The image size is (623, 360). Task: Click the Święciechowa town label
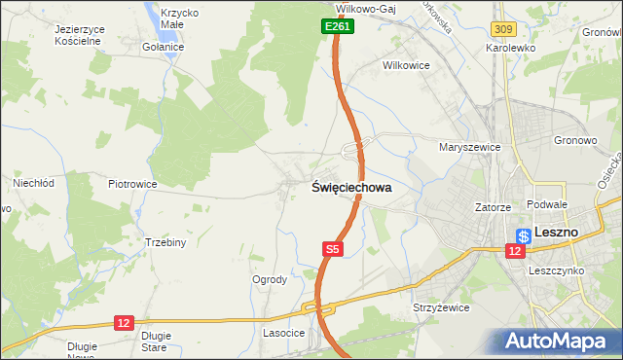pyautogui.click(x=351, y=188)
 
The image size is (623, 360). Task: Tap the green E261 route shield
pyautogui.click(x=337, y=27)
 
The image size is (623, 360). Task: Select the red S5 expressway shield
pyautogui.click(x=333, y=250)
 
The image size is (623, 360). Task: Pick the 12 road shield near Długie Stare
pyautogui.click(x=123, y=322)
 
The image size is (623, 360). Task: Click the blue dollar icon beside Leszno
pyautogui.click(x=524, y=234)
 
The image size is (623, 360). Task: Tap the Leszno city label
pyautogui.click(x=557, y=234)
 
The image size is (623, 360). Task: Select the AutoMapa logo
pyautogui.click(x=560, y=341)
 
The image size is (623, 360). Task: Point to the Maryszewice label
pyautogui.click(x=469, y=147)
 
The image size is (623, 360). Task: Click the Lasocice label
pyautogui.click(x=284, y=333)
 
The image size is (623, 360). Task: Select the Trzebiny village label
pyautogui.click(x=165, y=242)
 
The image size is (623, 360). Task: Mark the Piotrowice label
pyautogui.click(x=133, y=184)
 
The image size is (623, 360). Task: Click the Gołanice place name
pyautogui.click(x=163, y=47)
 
